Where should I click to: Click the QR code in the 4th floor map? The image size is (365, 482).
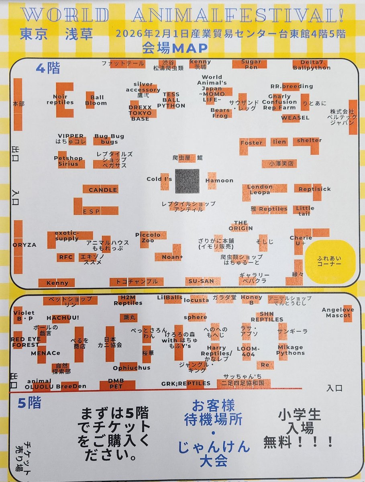tap(187, 181)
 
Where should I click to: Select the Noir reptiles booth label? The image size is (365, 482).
tap(60, 99)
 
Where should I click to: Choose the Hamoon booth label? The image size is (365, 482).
tap(219, 180)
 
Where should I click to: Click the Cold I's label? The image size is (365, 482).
tap(159, 179)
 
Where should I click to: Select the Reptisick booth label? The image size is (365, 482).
tap(314, 189)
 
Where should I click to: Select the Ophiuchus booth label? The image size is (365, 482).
tap(131, 368)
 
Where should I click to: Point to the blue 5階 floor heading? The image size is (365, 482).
tap(29, 403)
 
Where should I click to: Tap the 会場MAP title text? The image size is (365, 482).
tap(175, 49)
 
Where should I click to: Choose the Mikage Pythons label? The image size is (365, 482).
tap(290, 350)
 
